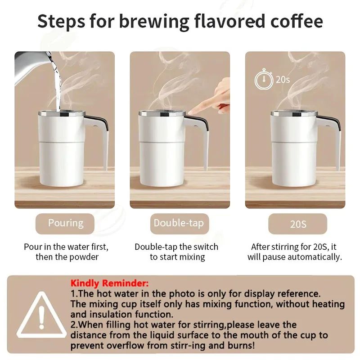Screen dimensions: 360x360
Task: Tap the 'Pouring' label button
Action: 66,223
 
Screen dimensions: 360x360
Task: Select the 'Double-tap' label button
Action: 179,223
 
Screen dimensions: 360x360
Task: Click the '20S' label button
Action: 298,224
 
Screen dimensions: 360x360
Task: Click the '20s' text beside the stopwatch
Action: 283,80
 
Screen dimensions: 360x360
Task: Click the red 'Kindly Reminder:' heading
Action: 109,283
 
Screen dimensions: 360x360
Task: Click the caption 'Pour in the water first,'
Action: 66,247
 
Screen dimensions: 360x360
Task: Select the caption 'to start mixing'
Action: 177,257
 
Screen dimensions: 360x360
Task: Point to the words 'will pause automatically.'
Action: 295,257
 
